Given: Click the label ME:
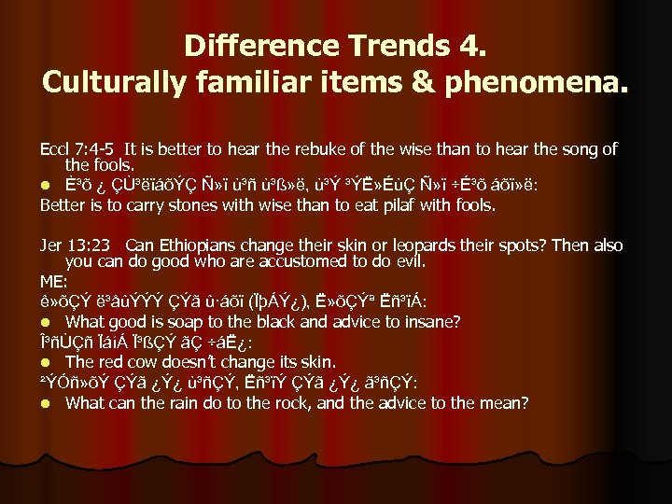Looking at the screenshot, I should tap(52, 279).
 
